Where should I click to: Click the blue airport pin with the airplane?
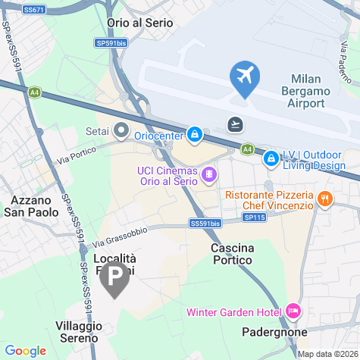click(245, 78)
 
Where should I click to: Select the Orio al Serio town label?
click(140, 23)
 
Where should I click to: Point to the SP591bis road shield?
click(111, 44)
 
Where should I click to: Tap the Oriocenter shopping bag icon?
click(195, 135)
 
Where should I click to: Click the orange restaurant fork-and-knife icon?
click(324, 199)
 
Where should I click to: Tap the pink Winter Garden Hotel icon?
click(293, 311)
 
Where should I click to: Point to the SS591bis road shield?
click(205, 224)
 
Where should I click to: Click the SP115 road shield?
click(255, 217)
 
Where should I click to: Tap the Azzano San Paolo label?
click(34, 206)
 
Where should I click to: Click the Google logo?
click(25, 350)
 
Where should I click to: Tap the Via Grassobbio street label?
click(121, 236)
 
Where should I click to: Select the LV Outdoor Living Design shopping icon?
click(270, 159)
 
